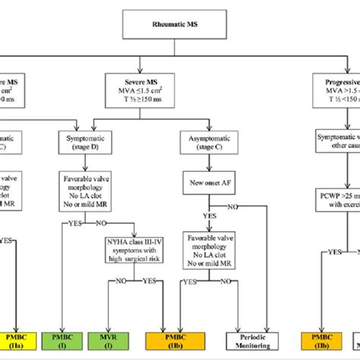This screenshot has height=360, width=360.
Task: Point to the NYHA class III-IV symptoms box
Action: (x=134, y=251)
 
